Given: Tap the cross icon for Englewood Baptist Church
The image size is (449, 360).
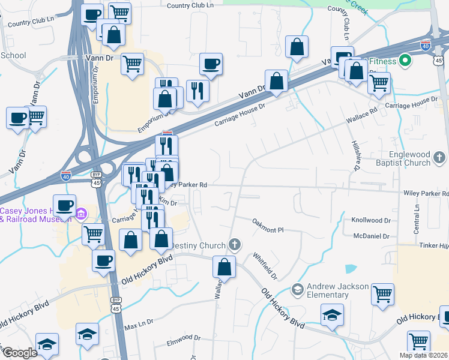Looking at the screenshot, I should click(440, 158).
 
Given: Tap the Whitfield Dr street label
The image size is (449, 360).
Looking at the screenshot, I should click(265, 266).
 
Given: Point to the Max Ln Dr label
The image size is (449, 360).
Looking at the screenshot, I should click(139, 323).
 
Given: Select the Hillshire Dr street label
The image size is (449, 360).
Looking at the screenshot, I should click(355, 154).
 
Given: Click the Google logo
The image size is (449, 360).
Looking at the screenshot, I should click(20, 353).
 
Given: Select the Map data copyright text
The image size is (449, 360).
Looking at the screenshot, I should click(423, 355).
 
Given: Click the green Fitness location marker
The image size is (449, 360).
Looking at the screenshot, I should click(405, 61).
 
